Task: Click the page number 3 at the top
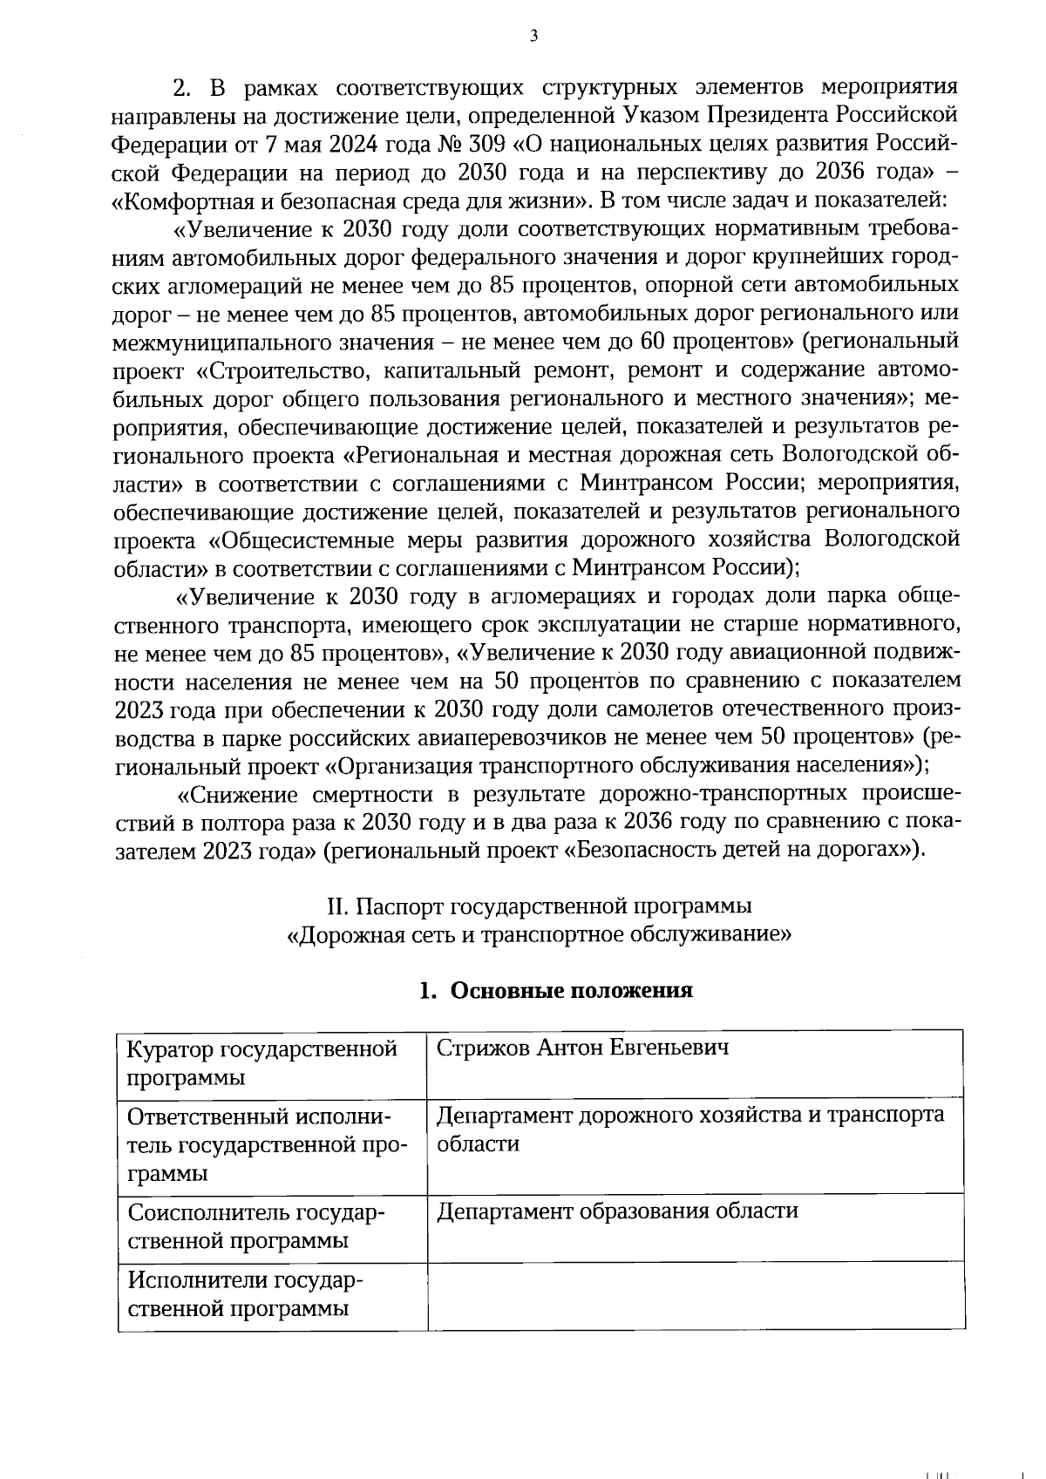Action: tap(533, 36)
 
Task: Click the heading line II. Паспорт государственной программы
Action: tap(540, 906)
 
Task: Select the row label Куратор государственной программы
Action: tap(261, 1062)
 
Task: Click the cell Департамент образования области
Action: tap(617, 1211)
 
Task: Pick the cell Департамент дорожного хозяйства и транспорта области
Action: tap(689, 1130)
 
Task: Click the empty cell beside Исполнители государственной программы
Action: tap(695, 1295)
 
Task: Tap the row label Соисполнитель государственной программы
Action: tap(256, 1226)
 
